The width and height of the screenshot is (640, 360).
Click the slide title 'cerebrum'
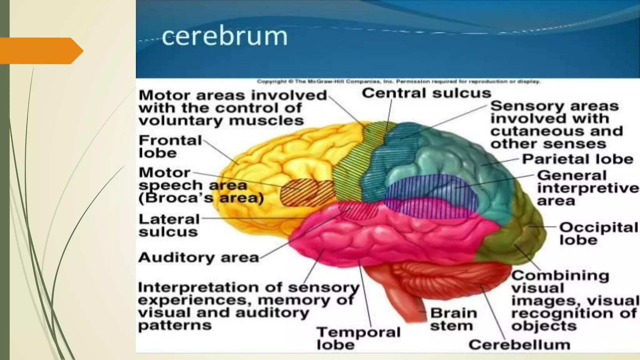(224, 37)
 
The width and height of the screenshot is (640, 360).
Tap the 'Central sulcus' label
(426, 93)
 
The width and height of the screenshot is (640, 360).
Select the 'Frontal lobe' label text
(170, 147)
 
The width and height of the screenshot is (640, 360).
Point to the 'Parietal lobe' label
(577, 159)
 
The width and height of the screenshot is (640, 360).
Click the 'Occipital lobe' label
(598, 233)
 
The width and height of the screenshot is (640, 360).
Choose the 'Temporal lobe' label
(358, 338)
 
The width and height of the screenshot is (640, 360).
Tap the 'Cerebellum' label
(519, 345)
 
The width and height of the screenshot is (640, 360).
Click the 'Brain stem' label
(453, 319)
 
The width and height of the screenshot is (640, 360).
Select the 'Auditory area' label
(199, 258)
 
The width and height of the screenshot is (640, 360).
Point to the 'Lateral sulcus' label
(169, 226)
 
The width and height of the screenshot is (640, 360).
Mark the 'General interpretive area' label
(587, 188)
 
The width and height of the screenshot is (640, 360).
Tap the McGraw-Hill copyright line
(398, 82)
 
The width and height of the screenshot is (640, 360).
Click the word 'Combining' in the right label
(560, 276)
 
